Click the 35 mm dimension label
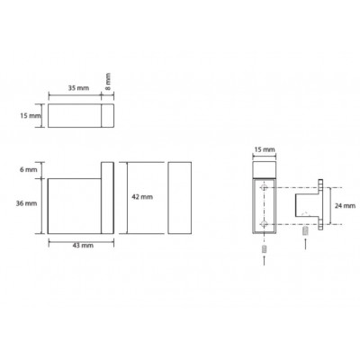coord(78,88)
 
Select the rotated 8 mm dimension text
coord(108,81)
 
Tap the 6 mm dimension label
coord(29,170)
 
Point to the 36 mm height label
coord(26,203)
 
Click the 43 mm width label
coord(83,246)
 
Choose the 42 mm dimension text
coord(142,197)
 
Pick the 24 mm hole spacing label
coord(345,205)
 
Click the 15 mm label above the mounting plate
coord(265,149)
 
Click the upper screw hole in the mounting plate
coord(264,188)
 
